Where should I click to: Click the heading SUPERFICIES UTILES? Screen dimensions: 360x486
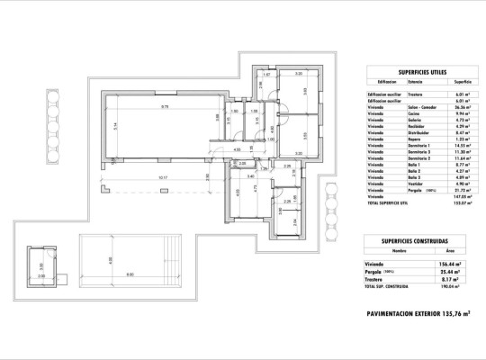point(423,71)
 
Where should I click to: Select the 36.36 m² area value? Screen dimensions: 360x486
point(465,107)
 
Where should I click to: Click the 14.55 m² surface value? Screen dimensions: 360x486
point(465,147)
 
